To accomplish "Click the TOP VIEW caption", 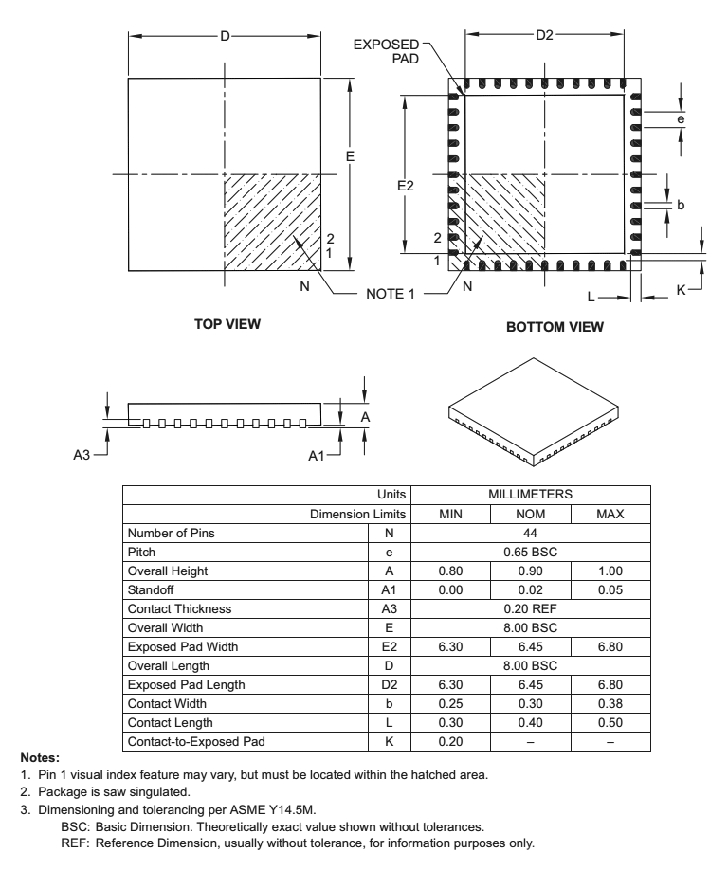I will coord(227,324).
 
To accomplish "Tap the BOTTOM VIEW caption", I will coord(555,328).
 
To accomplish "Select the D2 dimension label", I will coord(544,36).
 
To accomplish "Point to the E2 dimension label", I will coord(405,186).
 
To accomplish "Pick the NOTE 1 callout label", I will coord(391,294).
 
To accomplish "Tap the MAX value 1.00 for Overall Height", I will coord(610,571).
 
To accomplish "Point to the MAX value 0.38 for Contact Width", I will coord(610,704).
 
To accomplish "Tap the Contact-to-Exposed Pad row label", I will coord(194,742).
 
